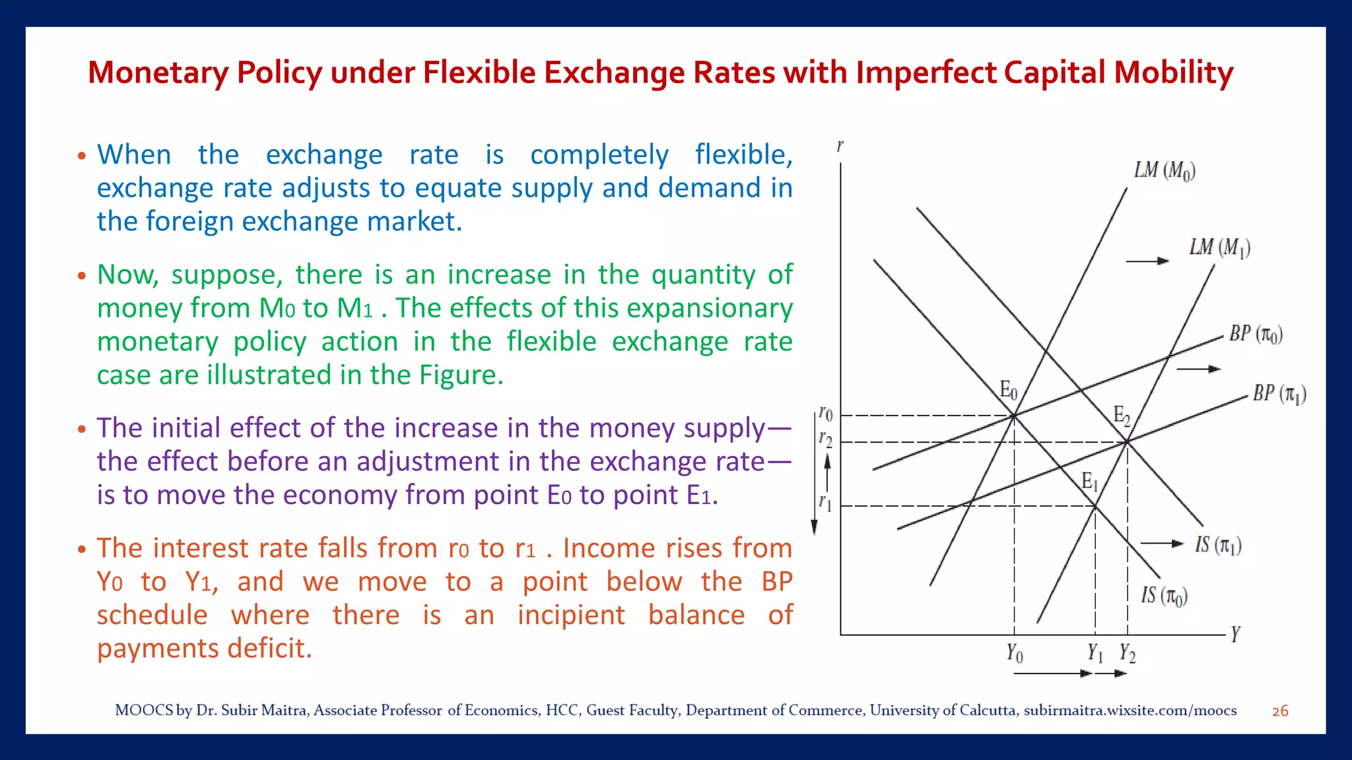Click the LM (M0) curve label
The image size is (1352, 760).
(1165, 171)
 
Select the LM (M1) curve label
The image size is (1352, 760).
(1219, 248)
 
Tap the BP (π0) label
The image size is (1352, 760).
(1256, 334)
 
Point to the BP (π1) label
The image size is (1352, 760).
(1279, 394)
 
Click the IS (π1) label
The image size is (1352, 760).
(1218, 546)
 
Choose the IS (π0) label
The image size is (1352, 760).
(1164, 596)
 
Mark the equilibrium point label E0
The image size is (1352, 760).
(1008, 391)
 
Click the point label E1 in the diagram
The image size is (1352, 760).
(1089, 482)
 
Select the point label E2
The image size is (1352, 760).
(1122, 416)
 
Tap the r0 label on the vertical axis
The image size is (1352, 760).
(826, 414)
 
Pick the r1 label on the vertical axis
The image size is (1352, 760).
(825, 503)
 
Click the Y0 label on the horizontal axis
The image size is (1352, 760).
(1014, 654)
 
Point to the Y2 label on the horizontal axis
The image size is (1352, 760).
(1127, 654)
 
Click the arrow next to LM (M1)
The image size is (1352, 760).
(1147, 261)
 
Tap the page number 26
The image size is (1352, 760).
(1280, 711)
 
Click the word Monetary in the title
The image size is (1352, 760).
(158, 73)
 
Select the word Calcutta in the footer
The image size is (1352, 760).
(988, 711)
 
